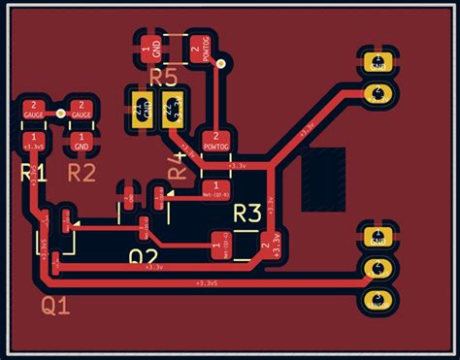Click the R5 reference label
163,77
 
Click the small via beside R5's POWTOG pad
222,64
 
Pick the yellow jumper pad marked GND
141,109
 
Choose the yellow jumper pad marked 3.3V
175,109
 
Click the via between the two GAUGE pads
61,114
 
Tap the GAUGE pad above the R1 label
34,110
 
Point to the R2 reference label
82,173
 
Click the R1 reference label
34,173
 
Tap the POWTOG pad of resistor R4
215,142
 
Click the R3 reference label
248,213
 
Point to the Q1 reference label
55,307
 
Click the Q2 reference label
144,257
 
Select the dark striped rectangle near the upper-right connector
323,180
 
